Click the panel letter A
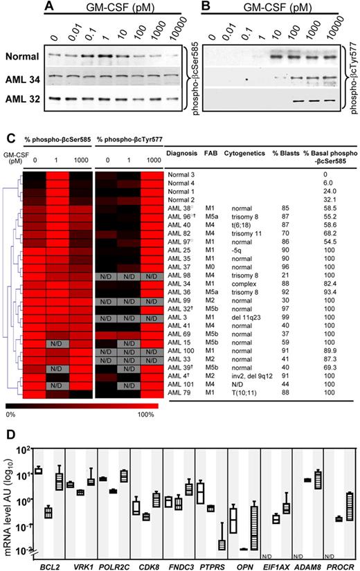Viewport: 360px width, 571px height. [x=48, y=7]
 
